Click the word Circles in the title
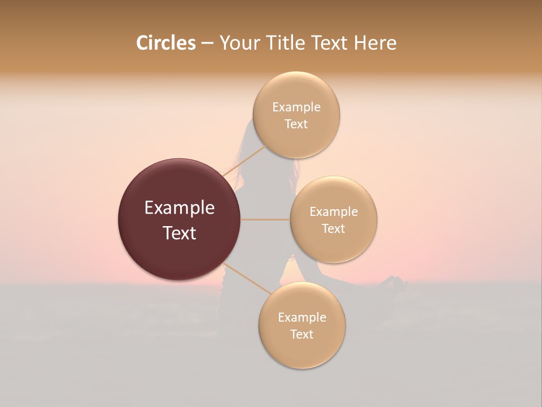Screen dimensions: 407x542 tap(165, 43)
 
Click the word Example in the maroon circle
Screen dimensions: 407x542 tap(179, 208)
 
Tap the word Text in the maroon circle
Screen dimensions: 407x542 tap(179, 233)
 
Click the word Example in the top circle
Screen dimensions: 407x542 tap(296, 107)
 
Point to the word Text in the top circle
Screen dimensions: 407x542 tap(296, 124)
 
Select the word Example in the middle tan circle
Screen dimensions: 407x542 tap(333, 212)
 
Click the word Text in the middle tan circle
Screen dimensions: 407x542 tap(333, 229)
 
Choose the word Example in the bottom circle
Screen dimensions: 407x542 tap(301, 318)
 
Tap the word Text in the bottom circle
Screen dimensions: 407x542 tap(301, 335)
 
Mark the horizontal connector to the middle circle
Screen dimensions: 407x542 tap(265, 219)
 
